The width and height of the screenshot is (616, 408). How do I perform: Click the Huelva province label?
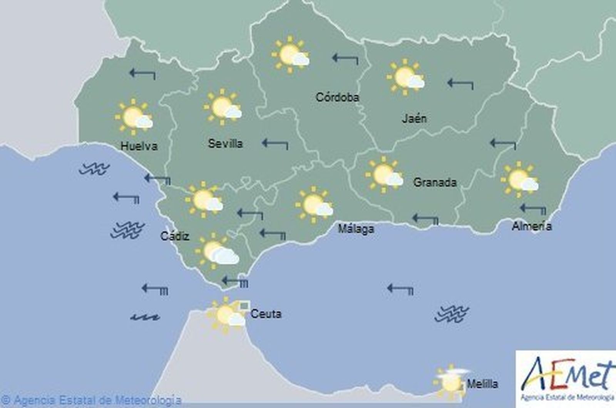139,146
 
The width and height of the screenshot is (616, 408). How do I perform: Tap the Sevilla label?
225,144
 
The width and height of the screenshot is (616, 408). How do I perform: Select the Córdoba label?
337,97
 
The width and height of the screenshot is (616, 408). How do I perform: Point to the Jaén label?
414,119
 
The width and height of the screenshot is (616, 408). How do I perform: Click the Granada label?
435,182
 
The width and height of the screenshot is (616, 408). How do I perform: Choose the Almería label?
531,226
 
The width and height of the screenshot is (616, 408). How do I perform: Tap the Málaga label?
356,229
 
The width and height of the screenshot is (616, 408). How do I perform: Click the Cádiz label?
175,236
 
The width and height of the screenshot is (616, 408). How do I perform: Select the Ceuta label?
266,314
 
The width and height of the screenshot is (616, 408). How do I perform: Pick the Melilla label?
482,384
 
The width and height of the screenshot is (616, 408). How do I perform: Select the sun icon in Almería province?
519,179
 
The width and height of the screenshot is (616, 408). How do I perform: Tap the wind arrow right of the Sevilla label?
275,144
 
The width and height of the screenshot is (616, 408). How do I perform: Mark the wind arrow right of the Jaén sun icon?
460,84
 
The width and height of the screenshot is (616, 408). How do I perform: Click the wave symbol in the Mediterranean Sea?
451,313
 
